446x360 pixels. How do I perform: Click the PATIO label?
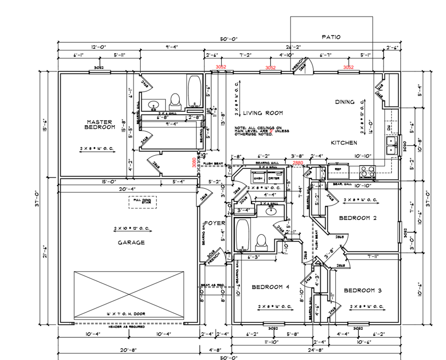click(x=331, y=37)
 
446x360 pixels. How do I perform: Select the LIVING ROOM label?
click(x=263, y=113)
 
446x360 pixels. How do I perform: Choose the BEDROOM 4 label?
click(x=270, y=287)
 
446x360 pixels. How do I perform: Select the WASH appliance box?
click(x=258, y=178)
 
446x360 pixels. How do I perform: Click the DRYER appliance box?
click(x=273, y=178)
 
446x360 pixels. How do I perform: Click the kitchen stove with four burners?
click(x=368, y=171)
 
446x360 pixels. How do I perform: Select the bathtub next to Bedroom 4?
click(x=243, y=235)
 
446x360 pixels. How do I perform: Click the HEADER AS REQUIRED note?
click(x=127, y=327)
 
